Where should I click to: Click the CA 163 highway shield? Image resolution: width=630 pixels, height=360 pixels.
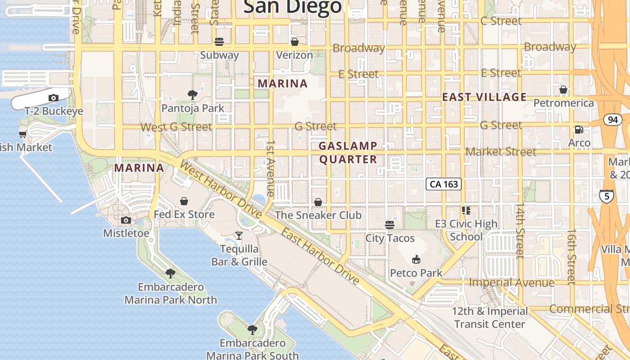click(x=444, y=184)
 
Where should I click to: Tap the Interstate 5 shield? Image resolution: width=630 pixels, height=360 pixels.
click(x=607, y=196)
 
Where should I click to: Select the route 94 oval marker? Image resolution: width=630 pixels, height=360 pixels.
click(x=612, y=120)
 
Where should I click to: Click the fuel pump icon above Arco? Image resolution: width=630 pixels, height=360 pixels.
click(x=579, y=130)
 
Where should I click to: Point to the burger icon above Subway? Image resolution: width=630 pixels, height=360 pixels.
click(x=219, y=42)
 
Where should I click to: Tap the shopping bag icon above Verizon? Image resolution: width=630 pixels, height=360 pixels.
click(x=294, y=42)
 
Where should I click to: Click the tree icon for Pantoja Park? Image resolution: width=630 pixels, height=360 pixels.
click(x=193, y=95)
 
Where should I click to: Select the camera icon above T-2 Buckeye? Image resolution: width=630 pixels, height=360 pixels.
click(x=54, y=98)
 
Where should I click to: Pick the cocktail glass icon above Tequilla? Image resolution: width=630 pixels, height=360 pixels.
click(x=239, y=235)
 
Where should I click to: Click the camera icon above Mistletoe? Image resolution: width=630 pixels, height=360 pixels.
click(x=126, y=220)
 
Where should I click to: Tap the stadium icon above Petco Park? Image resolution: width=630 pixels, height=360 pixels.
click(x=416, y=259)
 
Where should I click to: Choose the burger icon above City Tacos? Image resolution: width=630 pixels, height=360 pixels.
click(x=390, y=225)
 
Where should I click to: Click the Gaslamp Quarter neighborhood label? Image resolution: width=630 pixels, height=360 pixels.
click(x=348, y=153)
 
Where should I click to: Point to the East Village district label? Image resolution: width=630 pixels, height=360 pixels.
click(x=484, y=97)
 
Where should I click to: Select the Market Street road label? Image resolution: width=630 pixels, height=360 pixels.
click(x=500, y=152)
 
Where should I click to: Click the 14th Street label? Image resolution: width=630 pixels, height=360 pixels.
click(x=520, y=230)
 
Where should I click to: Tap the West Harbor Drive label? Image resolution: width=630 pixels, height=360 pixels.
click(x=220, y=189)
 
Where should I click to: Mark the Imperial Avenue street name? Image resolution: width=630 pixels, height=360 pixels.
click(x=512, y=283)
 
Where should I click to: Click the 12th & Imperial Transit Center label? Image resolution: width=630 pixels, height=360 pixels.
click(x=490, y=317)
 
